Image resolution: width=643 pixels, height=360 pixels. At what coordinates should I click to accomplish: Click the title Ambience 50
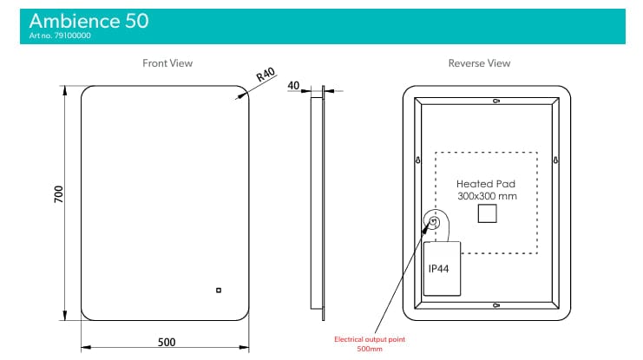coord(88,21)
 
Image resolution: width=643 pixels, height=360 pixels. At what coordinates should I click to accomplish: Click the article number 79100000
coord(60,36)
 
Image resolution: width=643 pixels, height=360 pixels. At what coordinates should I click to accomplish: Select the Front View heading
coord(167,63)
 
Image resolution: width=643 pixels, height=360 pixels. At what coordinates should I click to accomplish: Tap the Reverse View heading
coord(479,63)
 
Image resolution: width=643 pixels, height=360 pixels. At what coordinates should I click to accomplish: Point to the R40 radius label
coord(266,76)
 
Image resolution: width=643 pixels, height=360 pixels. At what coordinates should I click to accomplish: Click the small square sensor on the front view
coord(220,291)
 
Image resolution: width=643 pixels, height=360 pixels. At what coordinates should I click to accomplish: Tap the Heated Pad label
coord(486,185)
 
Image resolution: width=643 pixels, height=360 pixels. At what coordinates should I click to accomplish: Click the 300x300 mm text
coord(486,197)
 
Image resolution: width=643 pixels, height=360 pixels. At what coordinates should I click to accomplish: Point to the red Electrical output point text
coord(370,339)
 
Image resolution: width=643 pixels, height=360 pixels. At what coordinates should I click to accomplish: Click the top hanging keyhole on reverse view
coord(495,101)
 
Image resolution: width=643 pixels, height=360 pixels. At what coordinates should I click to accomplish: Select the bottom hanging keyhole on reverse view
coord(495,305)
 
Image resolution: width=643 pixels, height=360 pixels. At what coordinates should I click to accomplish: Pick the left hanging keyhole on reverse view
coord(418,160)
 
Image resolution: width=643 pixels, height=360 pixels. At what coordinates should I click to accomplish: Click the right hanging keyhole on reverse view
coord(558,160)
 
